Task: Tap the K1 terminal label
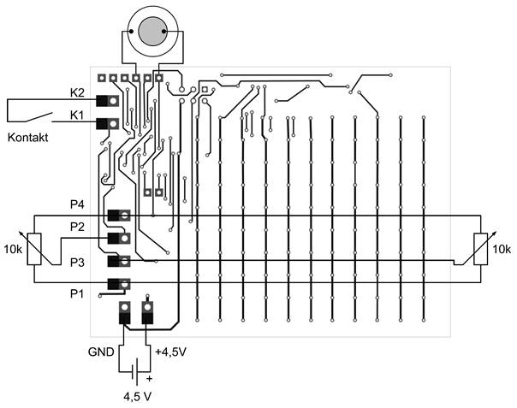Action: pyautogui.click(x=76, y=114)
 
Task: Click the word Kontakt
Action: pyautogui.click(x=27, y=138)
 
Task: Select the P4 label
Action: pyautogui.click(x=78, y=204)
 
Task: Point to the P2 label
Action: pyautogui.click(x=78, y=227)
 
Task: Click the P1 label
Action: pyautogui.click(x=78, y=293)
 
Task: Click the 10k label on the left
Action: pyautogui.click(x=13, y=250)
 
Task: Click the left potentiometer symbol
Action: pyautogui.click(x=34, y=249)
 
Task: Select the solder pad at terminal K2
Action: pyautogui.click(x=112, y=101)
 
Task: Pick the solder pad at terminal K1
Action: pyautogui.click(x=112, y=124)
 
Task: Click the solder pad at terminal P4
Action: pyautogui.click(x=125, y=216)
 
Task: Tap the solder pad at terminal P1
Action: pyautogui.click(x=125, y=285)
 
